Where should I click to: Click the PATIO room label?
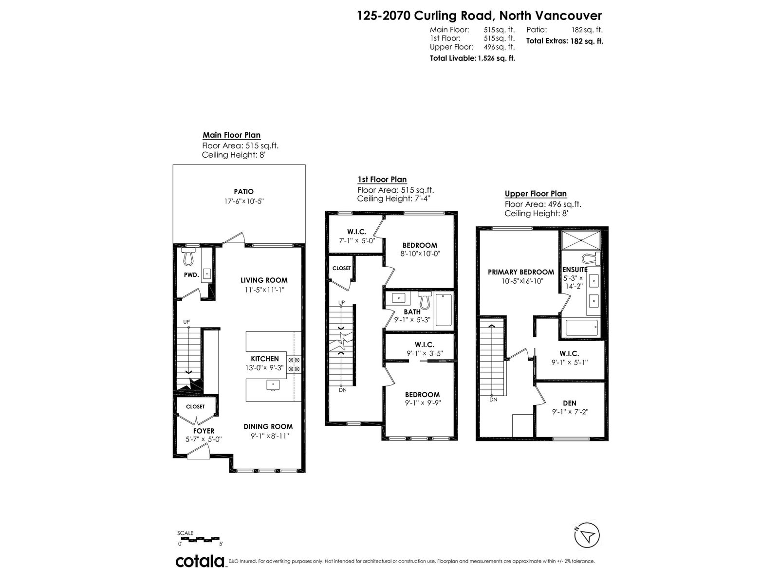[243, 191]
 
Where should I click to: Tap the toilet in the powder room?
[188, 256]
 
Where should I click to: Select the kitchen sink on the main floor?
[273, 385]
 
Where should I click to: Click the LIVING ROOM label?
[264, 280]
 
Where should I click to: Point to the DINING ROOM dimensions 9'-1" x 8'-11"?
[270, 436]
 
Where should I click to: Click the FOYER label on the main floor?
[204, 431]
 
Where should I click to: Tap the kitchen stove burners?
[294, 365]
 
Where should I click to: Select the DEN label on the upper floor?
[570, 403]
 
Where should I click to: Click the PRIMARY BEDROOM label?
[520, 272]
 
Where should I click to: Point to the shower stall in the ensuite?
[581, 240]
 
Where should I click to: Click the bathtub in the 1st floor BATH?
[444, 310]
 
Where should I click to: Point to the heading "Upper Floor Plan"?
[536, 194]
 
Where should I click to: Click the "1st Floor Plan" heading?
[382, 180]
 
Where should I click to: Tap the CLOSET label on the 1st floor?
[341, 269]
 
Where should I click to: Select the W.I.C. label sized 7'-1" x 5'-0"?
[357, 232]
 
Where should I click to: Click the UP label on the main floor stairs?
[186, 322]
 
